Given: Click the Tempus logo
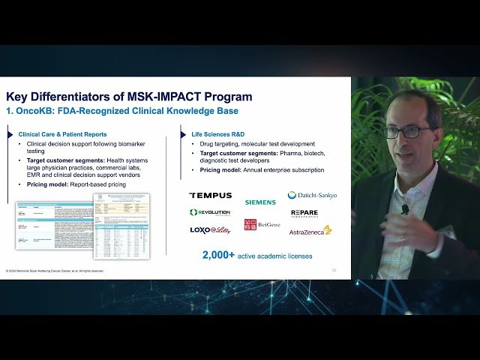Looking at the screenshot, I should tap(211, 195).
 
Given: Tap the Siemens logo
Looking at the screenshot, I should tap(259, 202).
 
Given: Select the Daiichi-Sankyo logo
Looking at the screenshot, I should tap(312, 195).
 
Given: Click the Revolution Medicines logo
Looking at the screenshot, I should tap(210, 212).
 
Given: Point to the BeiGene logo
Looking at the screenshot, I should tap(260, 224).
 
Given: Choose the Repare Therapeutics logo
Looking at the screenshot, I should tap(304, 213).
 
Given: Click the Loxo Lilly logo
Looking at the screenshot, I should tap(210, 230).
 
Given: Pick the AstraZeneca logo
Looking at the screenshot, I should tap(310, 230).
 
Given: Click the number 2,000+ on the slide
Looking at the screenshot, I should tap(217, 255).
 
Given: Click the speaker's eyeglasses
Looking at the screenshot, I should tap(407, 131).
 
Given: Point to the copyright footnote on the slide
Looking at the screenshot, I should tap(55, 271).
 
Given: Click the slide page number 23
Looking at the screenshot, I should tap(334, 269).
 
